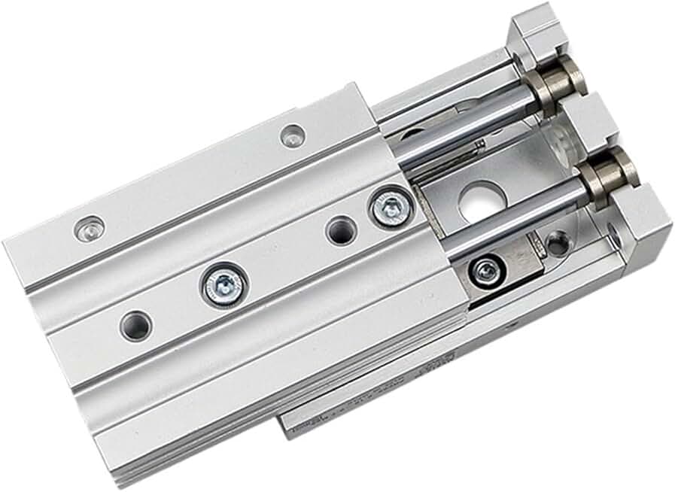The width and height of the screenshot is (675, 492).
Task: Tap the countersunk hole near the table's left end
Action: [91, 226]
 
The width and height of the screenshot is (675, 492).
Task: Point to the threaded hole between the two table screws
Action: [340, 231]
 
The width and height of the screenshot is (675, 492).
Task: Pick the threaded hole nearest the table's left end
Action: [135, 324]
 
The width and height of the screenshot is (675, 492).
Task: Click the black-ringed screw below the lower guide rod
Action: [485, 269]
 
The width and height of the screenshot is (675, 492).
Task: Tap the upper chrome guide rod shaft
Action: [467, 120]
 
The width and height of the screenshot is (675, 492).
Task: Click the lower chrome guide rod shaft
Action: [519, 214]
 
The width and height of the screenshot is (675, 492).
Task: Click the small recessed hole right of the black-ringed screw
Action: [555, 243]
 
